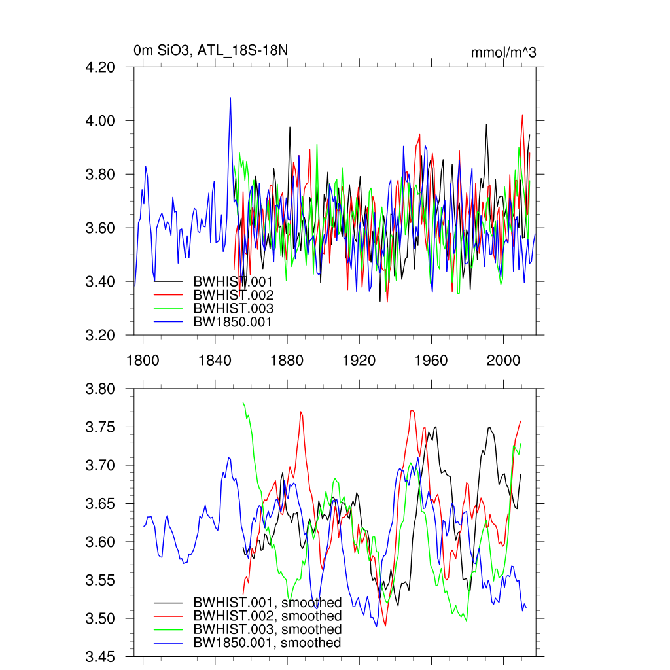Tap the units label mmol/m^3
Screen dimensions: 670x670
click(503, 53)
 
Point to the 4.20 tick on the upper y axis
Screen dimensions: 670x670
click(109, 67)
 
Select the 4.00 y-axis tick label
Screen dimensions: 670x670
click(109, 121)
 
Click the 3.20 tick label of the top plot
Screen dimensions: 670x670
click(109, 336)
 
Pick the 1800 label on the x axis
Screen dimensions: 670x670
click(143, 361)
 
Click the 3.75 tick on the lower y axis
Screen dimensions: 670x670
click(109, 427)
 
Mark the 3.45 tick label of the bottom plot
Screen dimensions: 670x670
click(109, 657)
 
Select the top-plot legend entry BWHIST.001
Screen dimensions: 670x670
click(232, 281)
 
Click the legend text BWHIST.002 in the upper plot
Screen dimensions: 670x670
click(232, 295)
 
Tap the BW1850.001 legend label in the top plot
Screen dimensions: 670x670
click(232, 322)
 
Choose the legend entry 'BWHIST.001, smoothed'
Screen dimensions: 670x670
click(267, 603)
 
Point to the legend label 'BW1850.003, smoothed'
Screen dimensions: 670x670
click(267, 629)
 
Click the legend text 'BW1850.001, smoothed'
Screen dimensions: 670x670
click(267, 643)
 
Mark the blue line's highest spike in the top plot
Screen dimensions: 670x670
click(230, 99)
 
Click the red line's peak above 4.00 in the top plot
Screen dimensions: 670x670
click(522, 115)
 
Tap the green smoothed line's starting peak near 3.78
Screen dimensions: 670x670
click(243, 403)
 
